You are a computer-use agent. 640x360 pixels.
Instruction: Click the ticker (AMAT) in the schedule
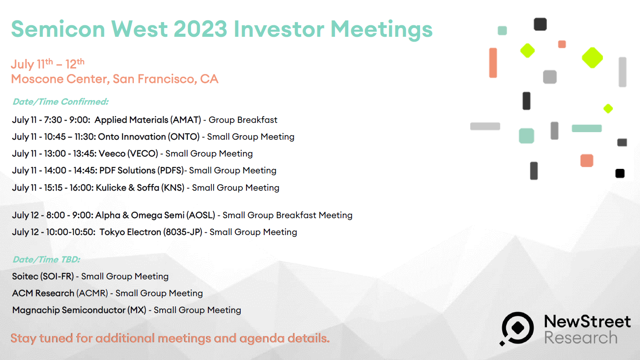click(x=186, y=120)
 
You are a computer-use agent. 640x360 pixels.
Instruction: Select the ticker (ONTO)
click(x=184, y=137)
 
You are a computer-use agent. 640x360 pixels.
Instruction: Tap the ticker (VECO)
click(x=143, y=154)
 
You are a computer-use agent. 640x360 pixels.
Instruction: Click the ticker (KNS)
click(x=173, y=188)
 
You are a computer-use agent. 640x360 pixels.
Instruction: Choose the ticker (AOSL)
click(x=201, y=215)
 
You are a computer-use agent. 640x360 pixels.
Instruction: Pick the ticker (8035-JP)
click(x=183, y=232)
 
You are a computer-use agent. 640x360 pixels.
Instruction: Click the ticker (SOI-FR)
click(x=57, y=276)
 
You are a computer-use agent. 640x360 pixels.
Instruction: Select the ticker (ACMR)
click(x=92, y=293)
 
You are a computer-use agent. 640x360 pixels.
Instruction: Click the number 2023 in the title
click(x=200, y=29)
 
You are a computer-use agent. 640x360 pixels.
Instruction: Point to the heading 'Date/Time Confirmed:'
click(x=61, y=102)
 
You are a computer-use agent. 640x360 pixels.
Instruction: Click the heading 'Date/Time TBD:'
click(x=47, y=259)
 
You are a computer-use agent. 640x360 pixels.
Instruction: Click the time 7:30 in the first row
click(x=53, y=120)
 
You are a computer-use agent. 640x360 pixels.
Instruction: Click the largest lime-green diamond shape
click(x=592, y=58)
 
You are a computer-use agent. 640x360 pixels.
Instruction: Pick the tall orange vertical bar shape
click(x=493, y=63)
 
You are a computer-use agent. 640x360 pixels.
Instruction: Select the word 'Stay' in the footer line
click(x=23, y=339)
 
